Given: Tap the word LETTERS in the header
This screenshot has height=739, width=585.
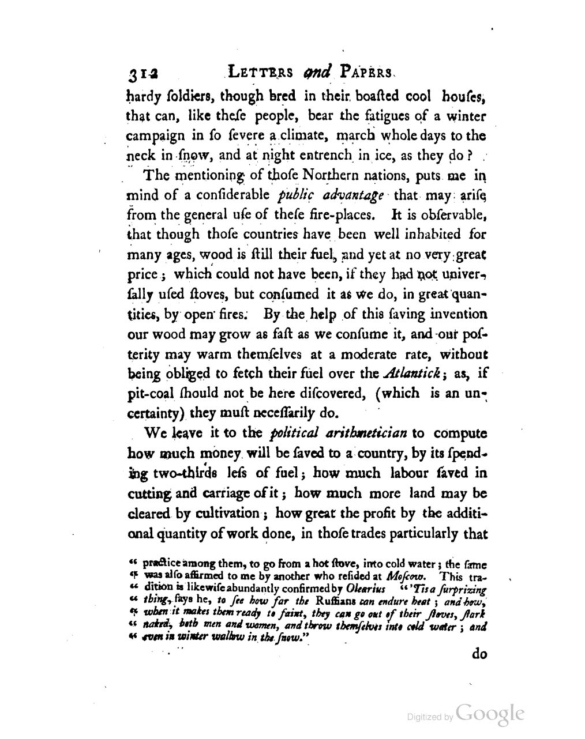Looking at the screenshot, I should point(260,72).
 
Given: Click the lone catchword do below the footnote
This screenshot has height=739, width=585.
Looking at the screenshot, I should point(480,654).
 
